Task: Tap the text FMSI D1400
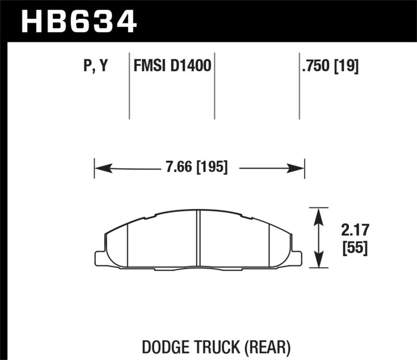point(172,67)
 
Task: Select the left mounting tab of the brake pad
point(100,258)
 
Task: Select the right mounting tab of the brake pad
point(296,258)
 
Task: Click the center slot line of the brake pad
point(198,240)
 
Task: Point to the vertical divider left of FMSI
point(129,86)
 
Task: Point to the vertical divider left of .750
point(299,86)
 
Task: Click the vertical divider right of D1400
point(215,86)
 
